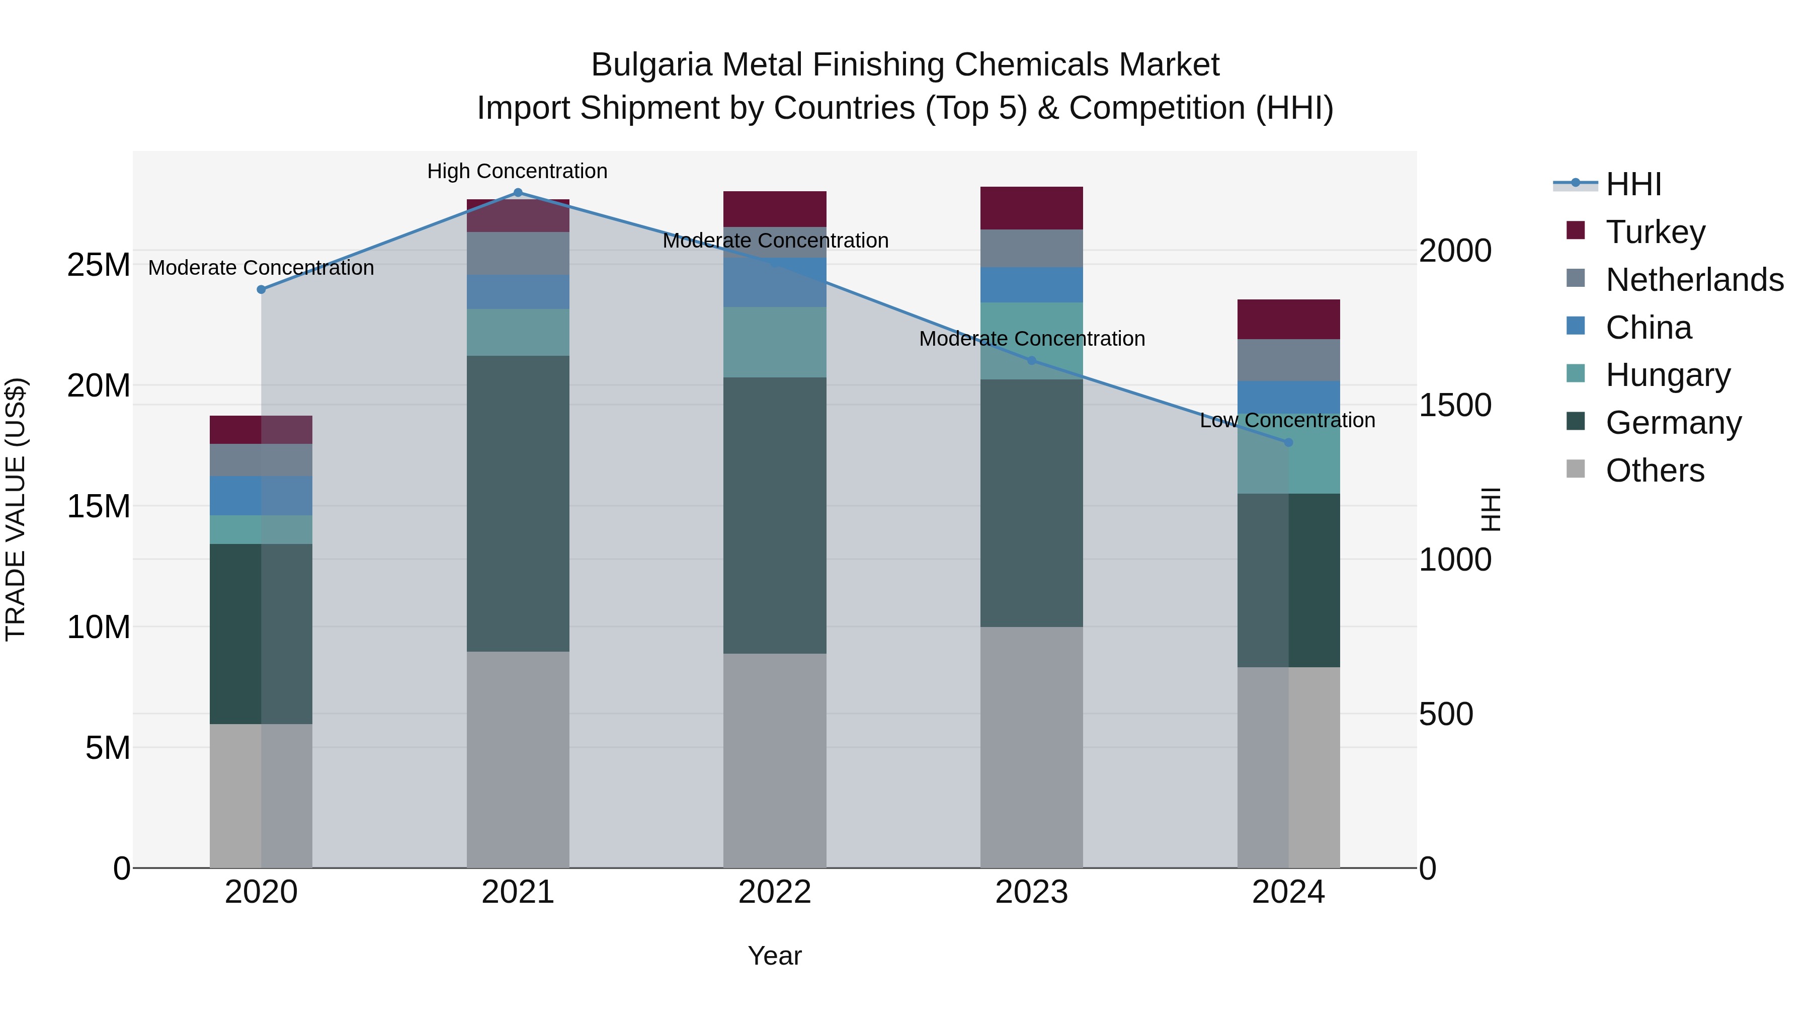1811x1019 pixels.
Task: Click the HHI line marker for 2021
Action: [518, 193]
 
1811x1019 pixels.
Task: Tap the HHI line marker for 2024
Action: [1289, 442]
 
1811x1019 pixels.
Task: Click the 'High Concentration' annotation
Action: [518, 172]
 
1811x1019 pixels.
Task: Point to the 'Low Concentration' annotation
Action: [1287, 421]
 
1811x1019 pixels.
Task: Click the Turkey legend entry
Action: [1655, 232]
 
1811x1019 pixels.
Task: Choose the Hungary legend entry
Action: [1668, 375]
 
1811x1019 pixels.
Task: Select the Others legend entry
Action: [1655, 471]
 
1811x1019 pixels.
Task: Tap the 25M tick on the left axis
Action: [99, 265]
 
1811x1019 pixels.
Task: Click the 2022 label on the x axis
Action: [775, 892]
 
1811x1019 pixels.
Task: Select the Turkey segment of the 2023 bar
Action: [1031, 208]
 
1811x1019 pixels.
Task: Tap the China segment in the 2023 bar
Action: [1031, 285]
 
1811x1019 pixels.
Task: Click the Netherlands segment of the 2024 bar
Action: [1289, 360]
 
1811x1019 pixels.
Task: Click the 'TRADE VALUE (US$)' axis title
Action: [16, 509]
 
